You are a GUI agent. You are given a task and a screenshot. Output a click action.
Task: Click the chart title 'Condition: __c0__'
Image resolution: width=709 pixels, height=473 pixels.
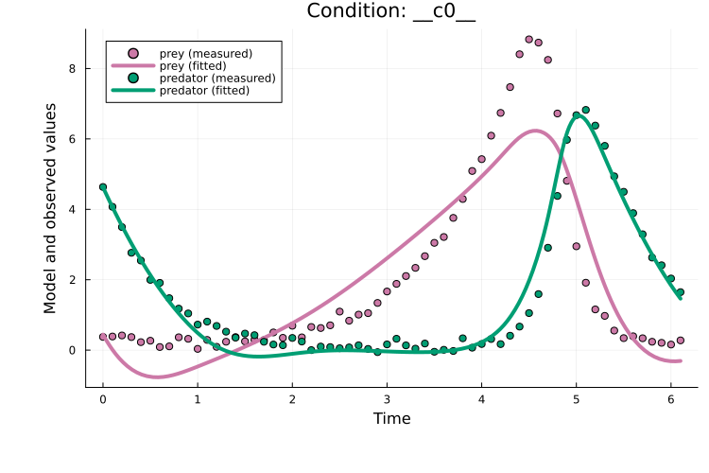click(391, 12)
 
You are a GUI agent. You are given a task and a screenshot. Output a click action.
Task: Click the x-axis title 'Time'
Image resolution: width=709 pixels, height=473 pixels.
click(391, 418)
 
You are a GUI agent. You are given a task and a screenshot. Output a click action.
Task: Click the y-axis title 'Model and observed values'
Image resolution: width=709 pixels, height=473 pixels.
click(50, 208)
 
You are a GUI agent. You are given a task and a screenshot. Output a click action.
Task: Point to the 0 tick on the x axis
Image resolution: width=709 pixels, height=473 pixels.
click(103, 399)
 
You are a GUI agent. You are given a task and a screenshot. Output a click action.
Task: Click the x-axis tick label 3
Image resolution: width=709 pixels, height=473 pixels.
click(387, 399)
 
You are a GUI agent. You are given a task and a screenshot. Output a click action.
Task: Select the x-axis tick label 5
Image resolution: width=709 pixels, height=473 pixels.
click(576, 399)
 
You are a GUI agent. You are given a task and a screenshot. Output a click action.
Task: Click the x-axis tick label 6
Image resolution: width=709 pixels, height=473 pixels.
click(670, 399)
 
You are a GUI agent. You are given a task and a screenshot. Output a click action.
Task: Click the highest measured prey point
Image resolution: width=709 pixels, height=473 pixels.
click(528, 39)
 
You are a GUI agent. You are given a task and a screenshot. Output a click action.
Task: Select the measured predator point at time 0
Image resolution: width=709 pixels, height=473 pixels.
click(103, 187)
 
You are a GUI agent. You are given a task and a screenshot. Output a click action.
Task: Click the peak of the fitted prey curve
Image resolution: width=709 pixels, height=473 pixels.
click(536, 131)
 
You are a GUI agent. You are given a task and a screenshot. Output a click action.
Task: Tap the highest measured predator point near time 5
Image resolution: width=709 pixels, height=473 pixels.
click(585, 110)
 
